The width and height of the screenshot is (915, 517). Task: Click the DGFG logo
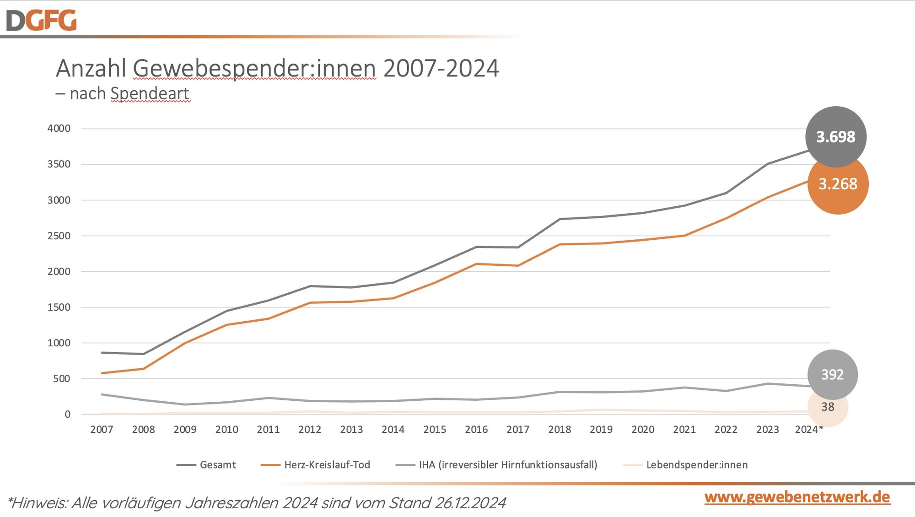point(41,21)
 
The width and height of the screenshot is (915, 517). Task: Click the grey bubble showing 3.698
point(835,137)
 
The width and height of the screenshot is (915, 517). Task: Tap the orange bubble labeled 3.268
point(838,184)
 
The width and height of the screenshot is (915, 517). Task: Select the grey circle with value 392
point(832,375)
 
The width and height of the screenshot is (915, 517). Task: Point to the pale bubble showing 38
point(828,407)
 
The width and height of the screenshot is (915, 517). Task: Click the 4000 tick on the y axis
point(59,129)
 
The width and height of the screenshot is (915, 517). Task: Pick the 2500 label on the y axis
point(59,236)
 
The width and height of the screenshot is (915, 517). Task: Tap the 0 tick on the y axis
point(67,415)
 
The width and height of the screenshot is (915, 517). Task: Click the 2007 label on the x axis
point(102,430)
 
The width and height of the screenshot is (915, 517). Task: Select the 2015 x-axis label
point(435,430)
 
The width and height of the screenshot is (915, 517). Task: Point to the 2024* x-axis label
point(808,430)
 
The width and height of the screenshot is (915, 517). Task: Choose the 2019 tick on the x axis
point(601,430)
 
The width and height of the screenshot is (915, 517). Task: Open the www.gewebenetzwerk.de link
point(797,497)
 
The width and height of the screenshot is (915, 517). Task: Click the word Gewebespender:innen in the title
point(254,69)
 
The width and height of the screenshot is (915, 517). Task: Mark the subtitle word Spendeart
point(150,93)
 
